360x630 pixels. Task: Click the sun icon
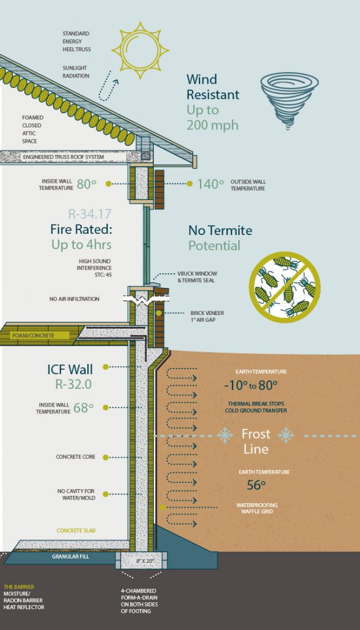click(140, 50)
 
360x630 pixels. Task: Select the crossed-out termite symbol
click(284, 287)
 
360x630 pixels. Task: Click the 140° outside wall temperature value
click(210, 183)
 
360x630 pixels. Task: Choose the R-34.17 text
click(90, 213)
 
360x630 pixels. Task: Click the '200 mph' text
click(212, 125)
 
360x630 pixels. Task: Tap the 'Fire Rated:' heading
click(81, 229)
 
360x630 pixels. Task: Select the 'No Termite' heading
click(220, 230)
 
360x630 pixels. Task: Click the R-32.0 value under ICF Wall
click(73, 385)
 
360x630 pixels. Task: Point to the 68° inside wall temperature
click(83, 408)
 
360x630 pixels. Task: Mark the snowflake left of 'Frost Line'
click(225, 435)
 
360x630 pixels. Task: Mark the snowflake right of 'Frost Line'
click(286, 435)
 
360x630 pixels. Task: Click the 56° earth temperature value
click(256, 485)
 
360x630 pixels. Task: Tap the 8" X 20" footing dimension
click(145, 560)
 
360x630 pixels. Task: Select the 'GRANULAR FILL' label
click(70, 557)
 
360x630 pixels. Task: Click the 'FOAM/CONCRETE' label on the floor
click(33, 335)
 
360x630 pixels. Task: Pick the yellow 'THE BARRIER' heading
click(19, 587)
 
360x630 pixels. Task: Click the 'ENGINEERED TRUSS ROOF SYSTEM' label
click(63, 157)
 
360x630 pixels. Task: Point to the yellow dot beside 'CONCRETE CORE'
click(105, 457)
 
